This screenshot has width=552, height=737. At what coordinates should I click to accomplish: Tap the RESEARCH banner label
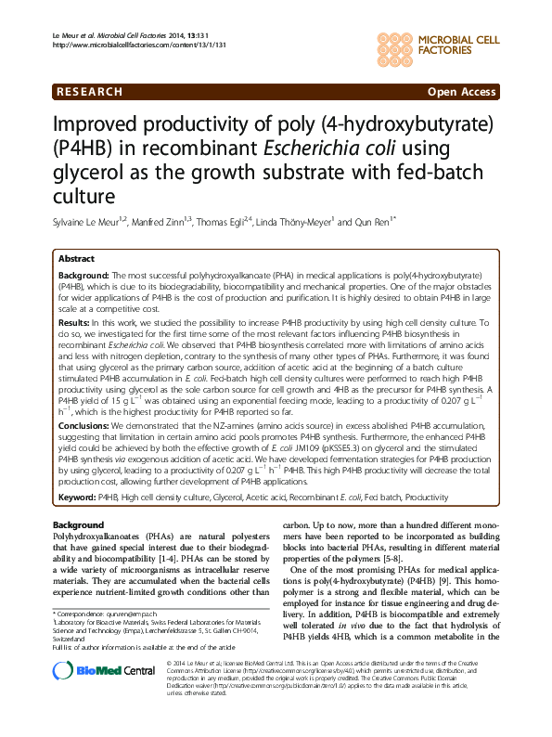point(90,92)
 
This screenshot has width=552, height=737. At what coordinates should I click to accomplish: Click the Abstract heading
point(76,259)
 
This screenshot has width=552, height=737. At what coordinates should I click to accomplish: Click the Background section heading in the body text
point(79,525)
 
